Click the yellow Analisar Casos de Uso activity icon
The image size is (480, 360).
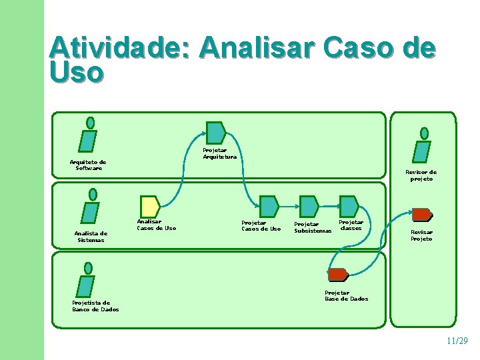tap(149, 207)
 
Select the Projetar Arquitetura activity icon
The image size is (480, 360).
tap(215, 133)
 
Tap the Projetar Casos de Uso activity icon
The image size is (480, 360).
tap(269, 207)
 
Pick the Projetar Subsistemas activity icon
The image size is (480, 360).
tap(309, 207)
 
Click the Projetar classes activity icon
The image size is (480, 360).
tap(349, 206)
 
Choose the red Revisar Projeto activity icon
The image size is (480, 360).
tap(421, 215)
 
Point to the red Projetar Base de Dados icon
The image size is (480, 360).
tap(338, 274)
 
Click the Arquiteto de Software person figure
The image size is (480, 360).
tap(88, 135)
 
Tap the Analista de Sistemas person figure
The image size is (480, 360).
tap(90, 207)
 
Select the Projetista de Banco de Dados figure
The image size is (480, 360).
tap(86, 279)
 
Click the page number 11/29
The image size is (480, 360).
tap(457, 341)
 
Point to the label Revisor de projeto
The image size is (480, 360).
tap(421, 175)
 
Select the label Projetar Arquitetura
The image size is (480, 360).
tap(219, 153)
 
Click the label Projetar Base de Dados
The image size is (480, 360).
tap(346, 296)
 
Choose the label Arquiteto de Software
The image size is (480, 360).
tap(88, 165)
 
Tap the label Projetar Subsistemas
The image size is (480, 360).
tap(313, 228)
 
